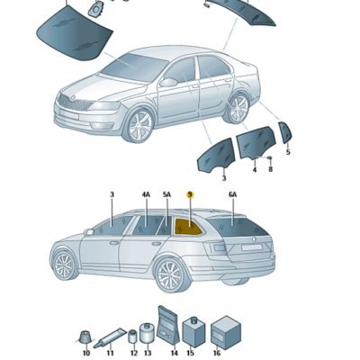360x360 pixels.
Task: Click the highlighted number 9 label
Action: [x=190, y=194]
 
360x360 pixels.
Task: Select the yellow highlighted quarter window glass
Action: [x=187, y=227]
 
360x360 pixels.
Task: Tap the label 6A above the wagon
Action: [x=232, y=194]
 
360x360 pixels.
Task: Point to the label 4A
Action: [x=146, y=194]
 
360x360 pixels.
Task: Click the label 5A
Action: [x=166, y=194]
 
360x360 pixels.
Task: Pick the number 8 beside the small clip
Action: [x=270, y=169]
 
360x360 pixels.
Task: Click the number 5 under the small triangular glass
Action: [x=288, y=152]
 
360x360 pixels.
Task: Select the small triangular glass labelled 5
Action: [x=284, y=132]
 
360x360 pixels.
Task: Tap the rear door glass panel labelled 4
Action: [x=256, y=141]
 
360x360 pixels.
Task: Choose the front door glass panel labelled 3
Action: [x=215, y=155]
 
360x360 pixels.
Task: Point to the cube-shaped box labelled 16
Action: [x=226, y=332]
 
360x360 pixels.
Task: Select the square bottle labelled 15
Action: [x=193, y=332]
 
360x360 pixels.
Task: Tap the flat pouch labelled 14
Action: [x=169, y=325]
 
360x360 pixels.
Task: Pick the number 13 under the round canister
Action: [x=148, y=354]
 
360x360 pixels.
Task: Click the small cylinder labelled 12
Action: [x=132, y=337]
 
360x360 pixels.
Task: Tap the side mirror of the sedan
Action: [x=168, y=82]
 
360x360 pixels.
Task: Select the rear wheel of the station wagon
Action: [x=172, y=275]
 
